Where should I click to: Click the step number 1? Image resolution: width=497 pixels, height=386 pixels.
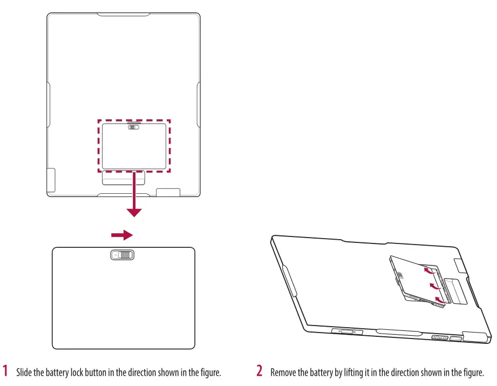(6, 371)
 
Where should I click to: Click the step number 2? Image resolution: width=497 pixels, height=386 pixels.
(260, 371)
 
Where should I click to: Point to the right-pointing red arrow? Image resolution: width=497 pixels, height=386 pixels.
(121, 235)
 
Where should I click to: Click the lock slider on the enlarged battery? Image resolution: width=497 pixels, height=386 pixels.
(123, 255)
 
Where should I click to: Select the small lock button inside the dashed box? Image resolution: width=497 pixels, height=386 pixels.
(134, 127)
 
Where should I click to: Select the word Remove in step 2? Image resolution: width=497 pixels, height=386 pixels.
(283, 373)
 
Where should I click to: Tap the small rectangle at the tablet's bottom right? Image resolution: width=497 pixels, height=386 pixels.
(168, 192)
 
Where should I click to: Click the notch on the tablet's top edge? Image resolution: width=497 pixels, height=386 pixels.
(124, 14)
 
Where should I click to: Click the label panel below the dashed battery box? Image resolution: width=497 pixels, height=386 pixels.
(124, 179)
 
